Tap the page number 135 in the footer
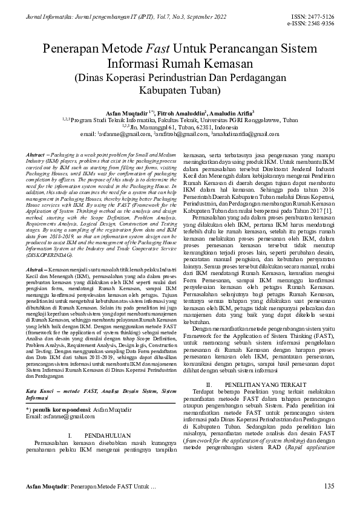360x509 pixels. coord(329,487)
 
